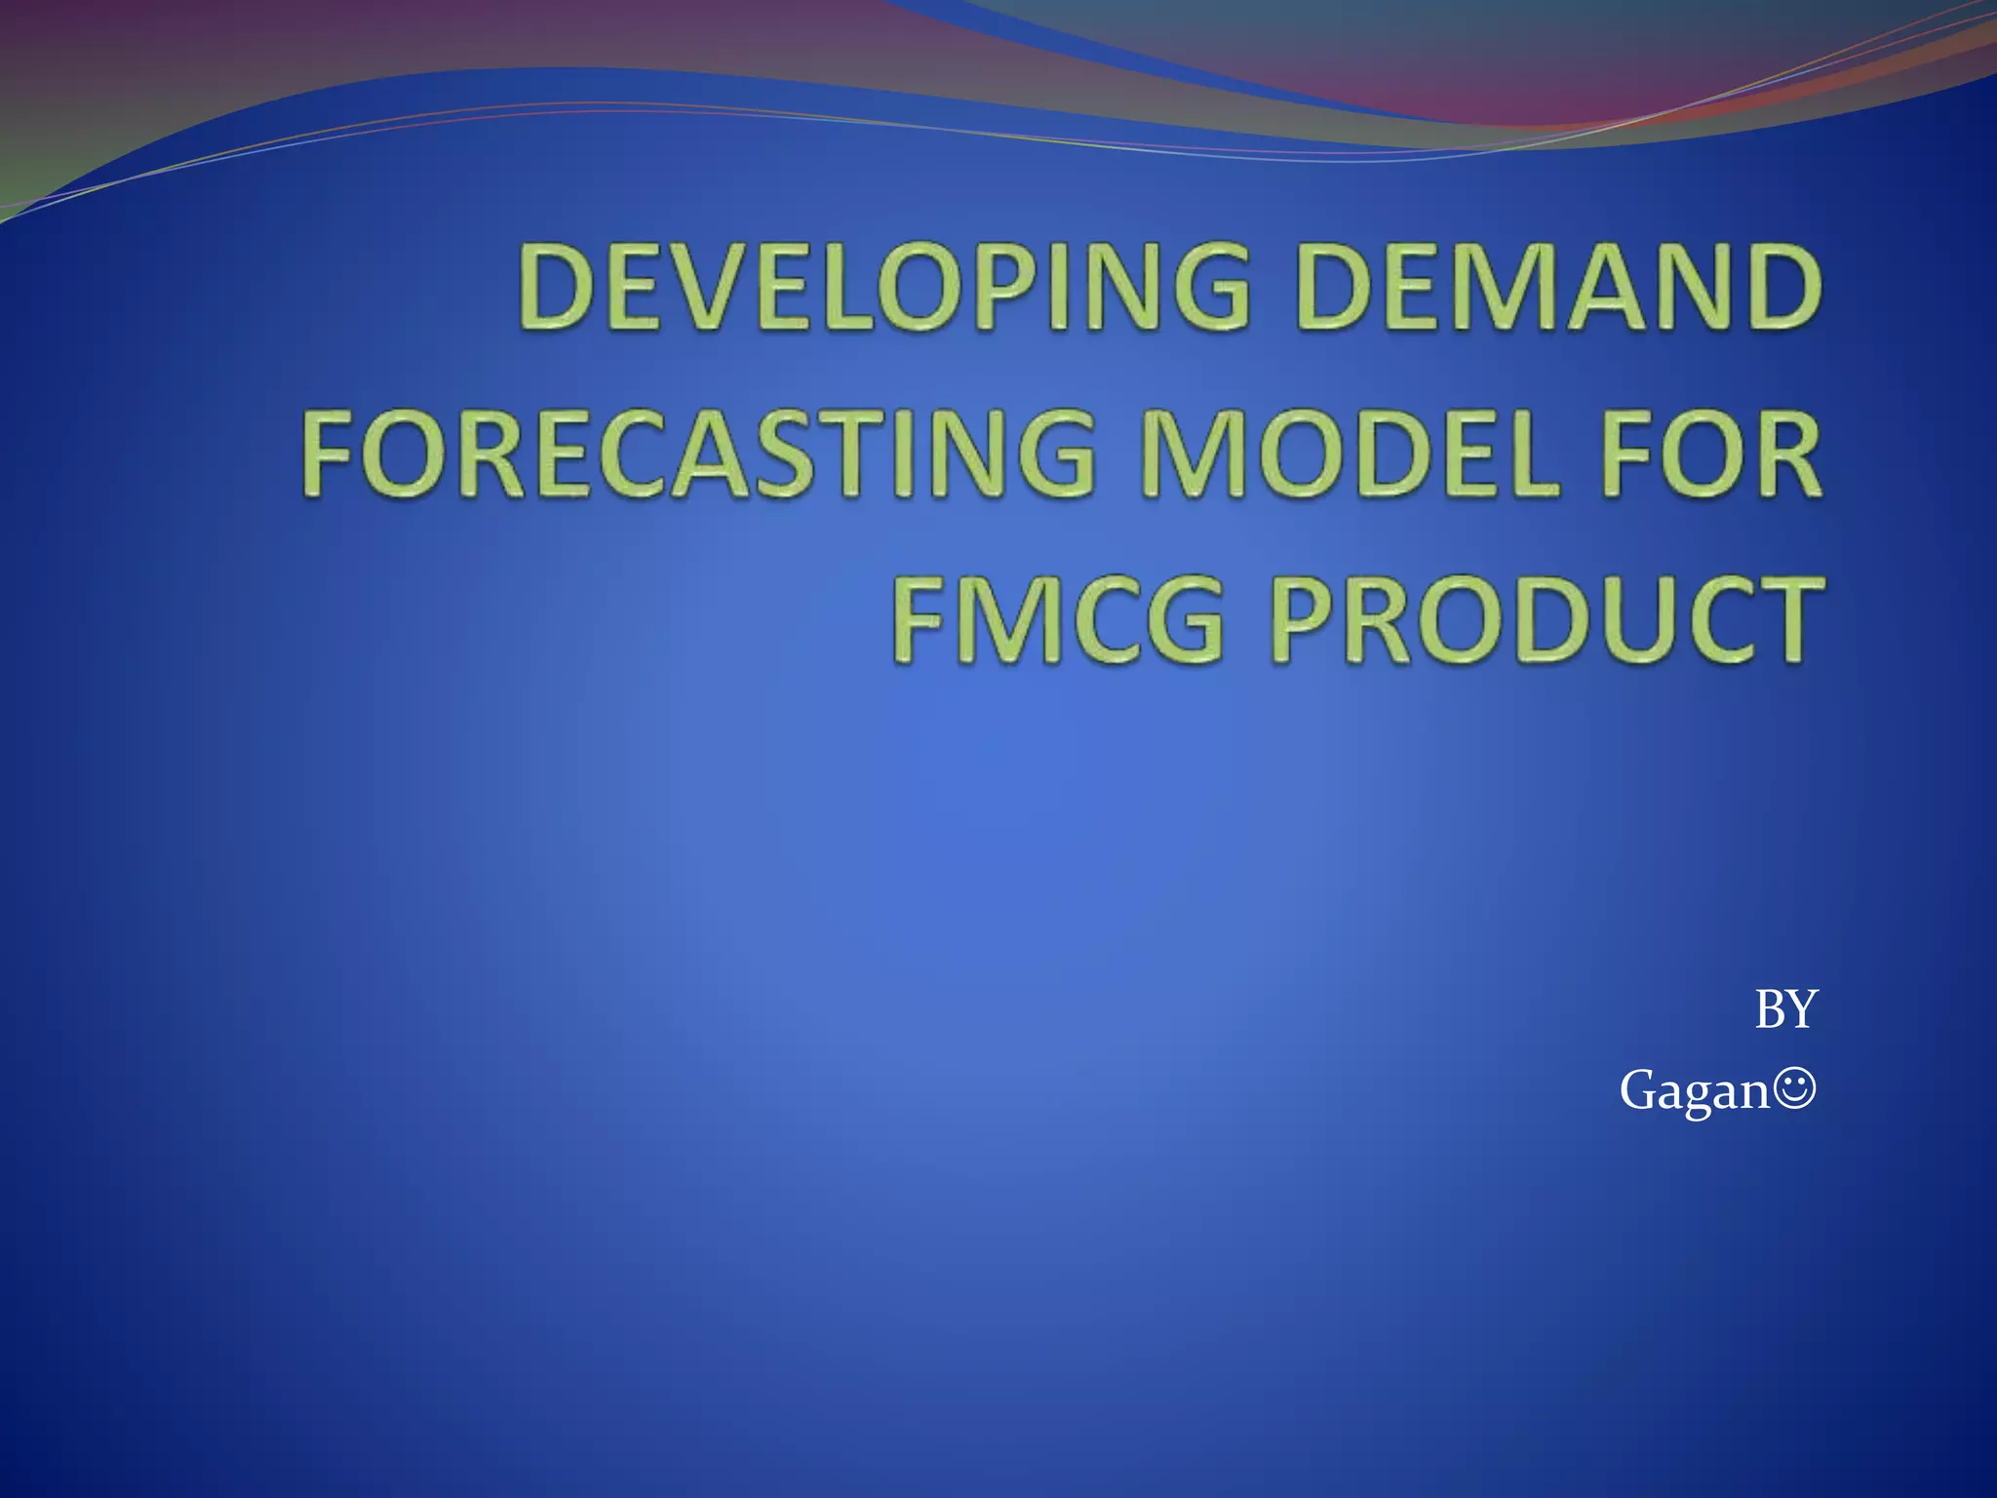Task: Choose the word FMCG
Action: pos(1057,619)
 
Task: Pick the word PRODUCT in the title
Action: pos(1546,619)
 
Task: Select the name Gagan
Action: pos(1694,1090)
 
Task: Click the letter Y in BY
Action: pos(1801,1009)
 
